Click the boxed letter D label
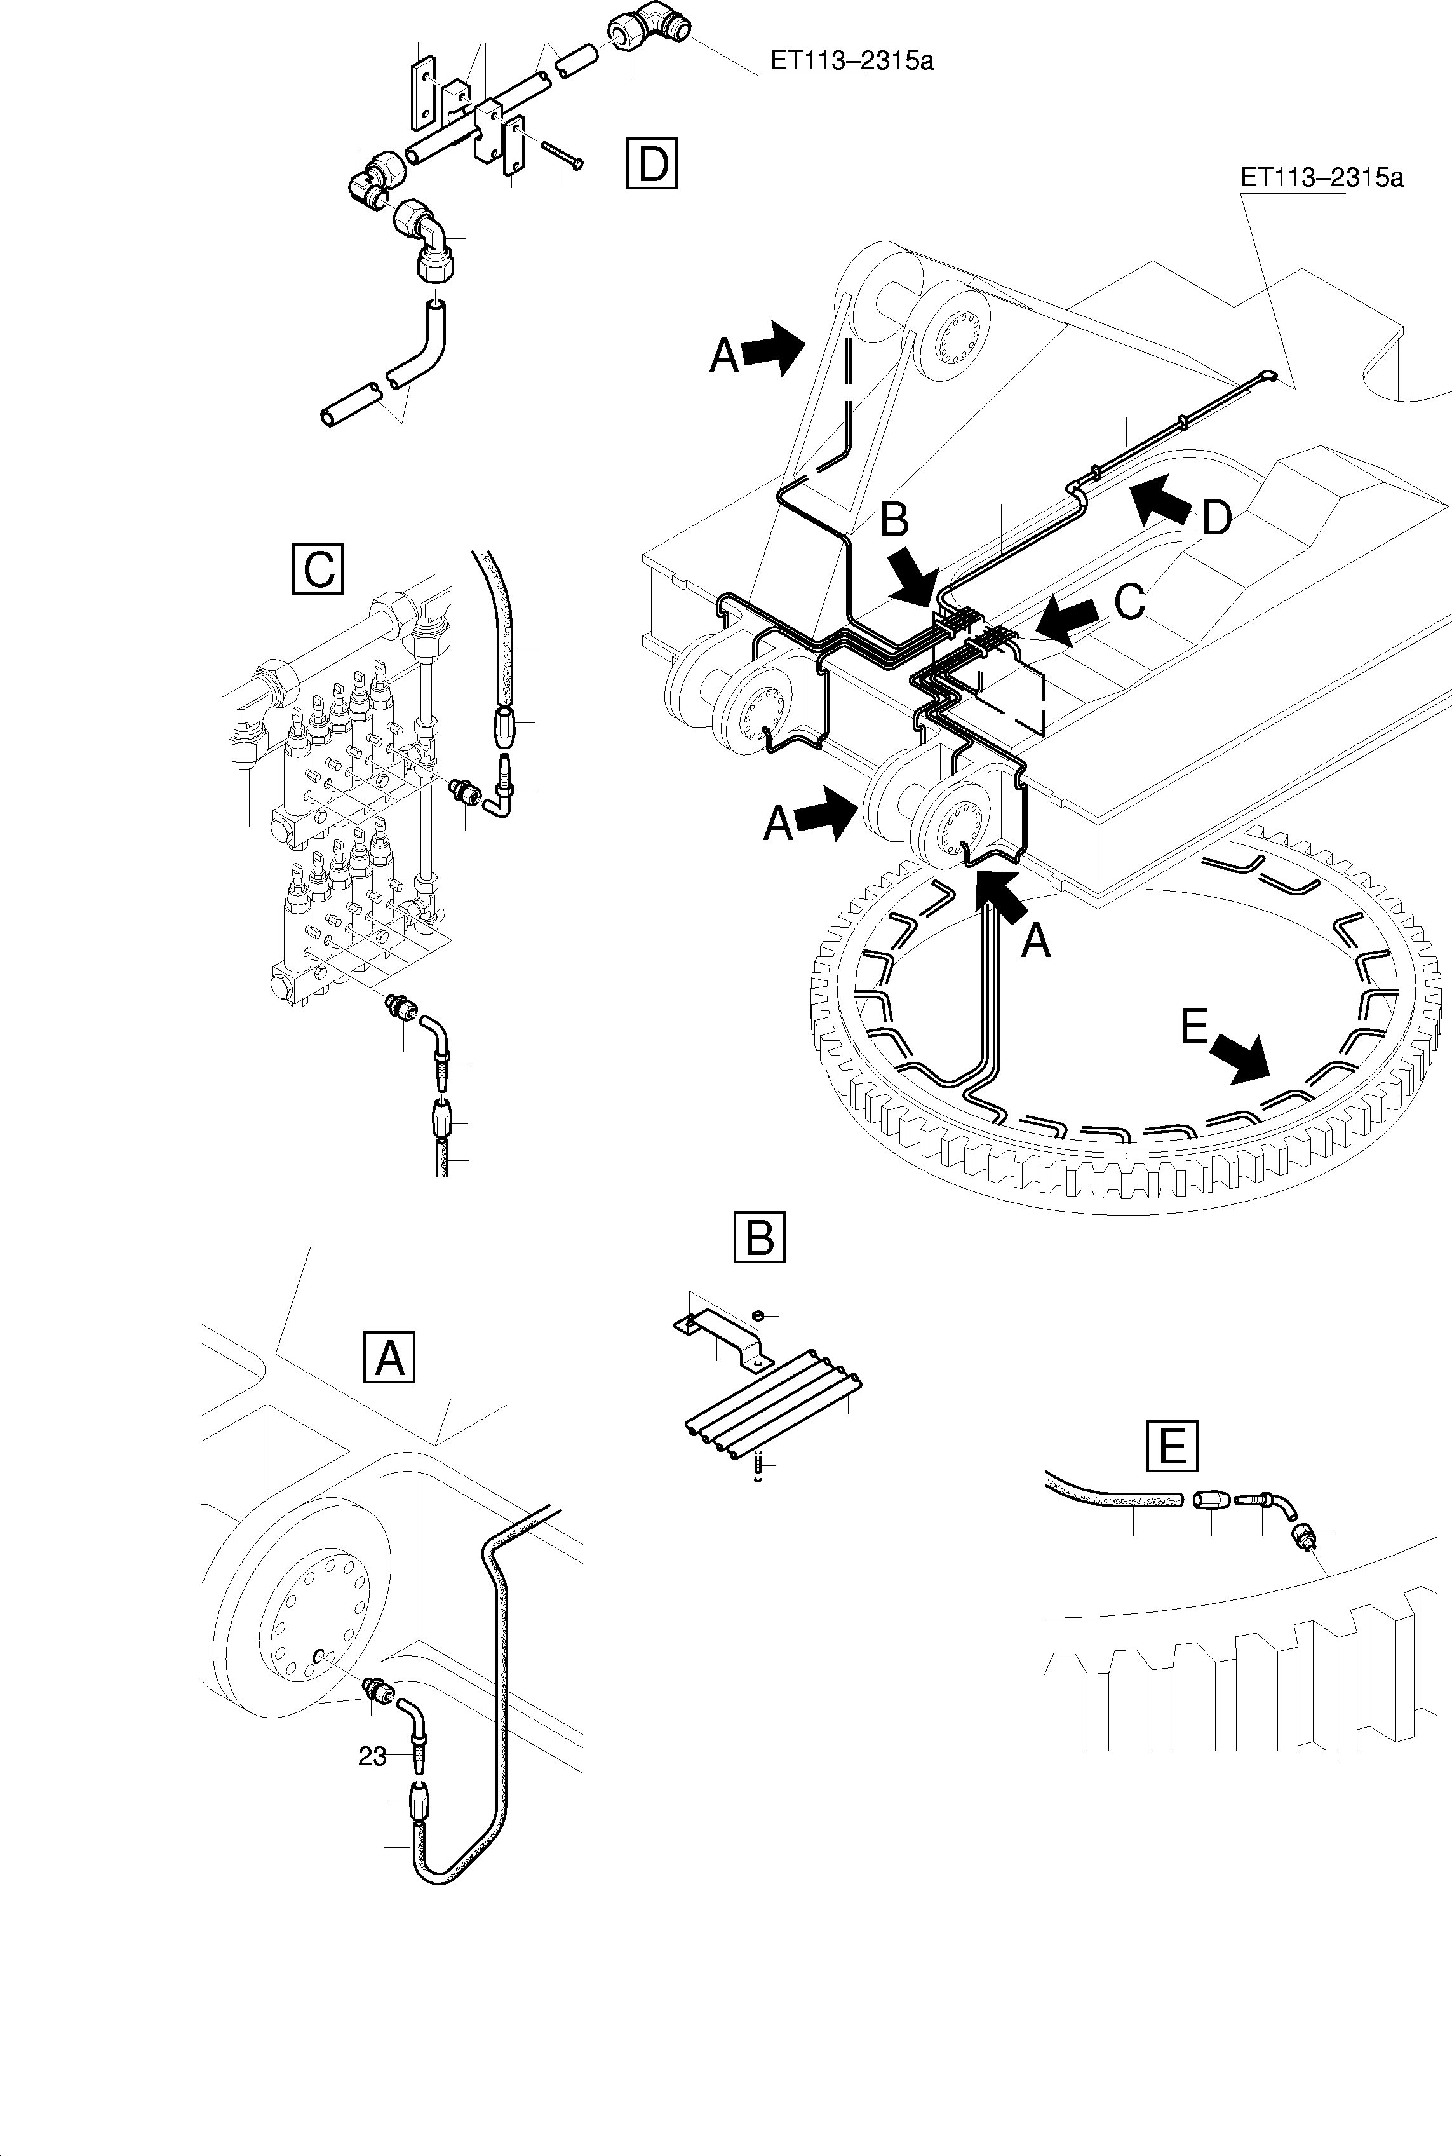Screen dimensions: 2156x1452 tap(652, 163)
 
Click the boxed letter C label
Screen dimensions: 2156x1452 tap(318, 569)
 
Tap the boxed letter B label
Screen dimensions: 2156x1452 tap(758, 1237)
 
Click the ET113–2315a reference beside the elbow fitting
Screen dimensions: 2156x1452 tap(852, 61)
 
